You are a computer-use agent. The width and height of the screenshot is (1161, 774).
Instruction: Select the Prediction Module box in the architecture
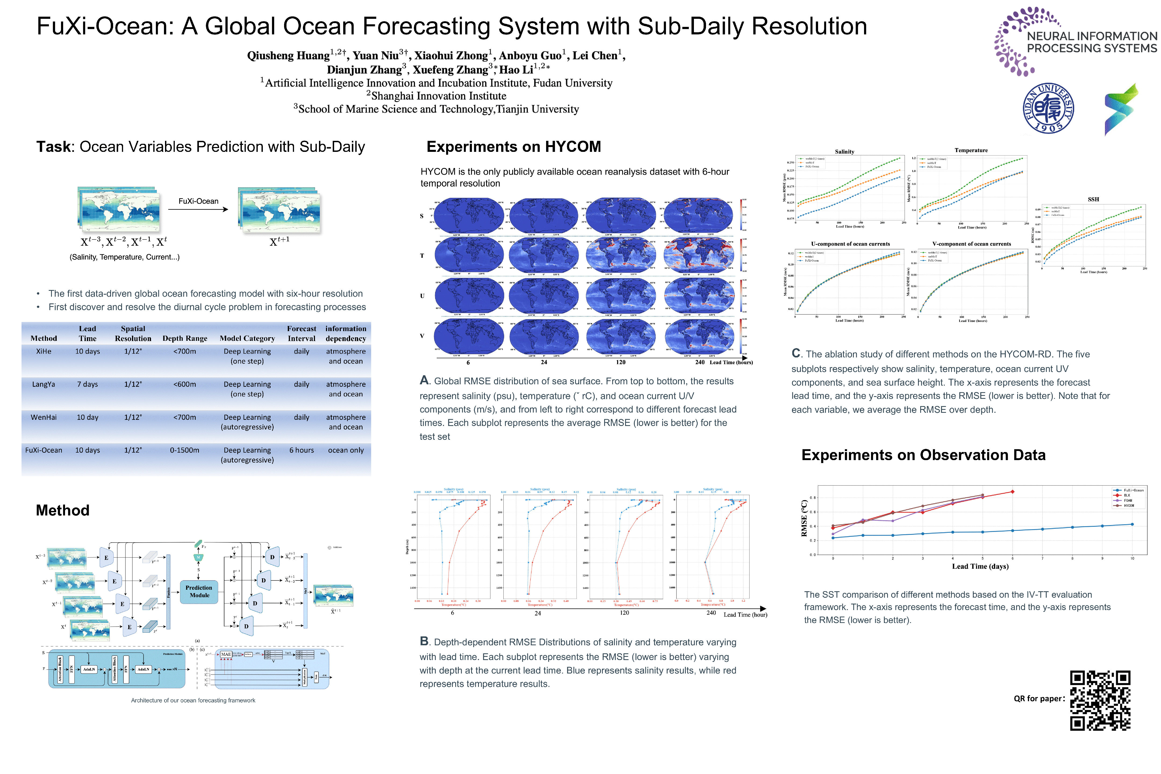pos(199,591)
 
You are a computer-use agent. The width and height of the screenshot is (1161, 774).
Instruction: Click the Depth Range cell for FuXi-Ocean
pos(185,450)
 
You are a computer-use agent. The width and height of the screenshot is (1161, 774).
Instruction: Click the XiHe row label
pos(44,352)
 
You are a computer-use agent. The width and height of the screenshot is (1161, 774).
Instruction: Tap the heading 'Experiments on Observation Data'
pos(923,455)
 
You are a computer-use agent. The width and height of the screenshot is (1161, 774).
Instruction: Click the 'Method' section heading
pos(63,510)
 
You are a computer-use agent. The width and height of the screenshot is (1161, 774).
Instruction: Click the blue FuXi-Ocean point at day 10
pos(1132,524)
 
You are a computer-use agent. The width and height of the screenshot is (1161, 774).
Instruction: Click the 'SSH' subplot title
pos(1093,199)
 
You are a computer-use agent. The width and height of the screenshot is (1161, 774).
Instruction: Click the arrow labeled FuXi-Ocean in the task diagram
pos(198,209)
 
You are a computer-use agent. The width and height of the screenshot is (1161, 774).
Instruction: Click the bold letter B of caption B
pos(424,641)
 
